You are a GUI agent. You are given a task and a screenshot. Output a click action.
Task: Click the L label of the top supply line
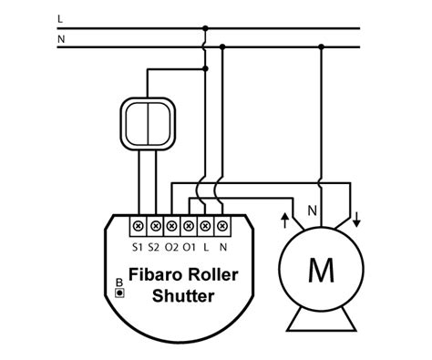[x=59, y=18]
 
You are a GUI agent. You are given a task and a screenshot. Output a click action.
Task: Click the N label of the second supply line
[x=60, y=40]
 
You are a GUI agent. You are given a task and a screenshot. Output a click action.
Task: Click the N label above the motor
[x=312, y=211]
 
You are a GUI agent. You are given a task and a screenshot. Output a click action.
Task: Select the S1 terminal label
[x=138, y=246]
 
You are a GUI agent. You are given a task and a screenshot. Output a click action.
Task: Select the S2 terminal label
[x=155, y=246]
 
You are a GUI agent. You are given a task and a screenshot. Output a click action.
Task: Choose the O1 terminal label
[x=190, y=246]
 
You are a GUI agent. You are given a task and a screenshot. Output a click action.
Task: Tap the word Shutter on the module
[x=183, y=295]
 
